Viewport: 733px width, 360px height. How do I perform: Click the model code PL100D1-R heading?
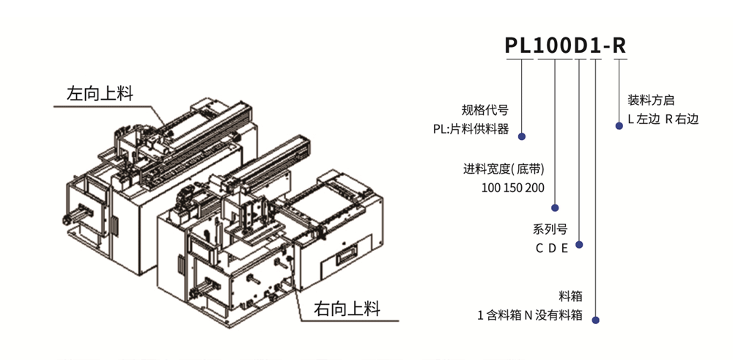(566, 45)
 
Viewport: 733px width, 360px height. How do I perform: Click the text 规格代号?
(485, 111)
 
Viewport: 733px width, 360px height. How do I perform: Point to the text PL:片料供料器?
(470, 130)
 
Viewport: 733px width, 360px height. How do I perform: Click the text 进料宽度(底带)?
(504, 169)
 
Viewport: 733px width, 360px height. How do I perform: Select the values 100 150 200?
(513, 188)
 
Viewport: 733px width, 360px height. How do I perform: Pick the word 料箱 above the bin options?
(570, 297)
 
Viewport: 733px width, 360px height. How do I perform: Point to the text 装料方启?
(651, 100)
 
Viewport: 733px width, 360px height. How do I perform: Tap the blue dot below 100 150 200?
(555, 207)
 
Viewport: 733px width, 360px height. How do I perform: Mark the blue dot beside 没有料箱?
(596, 320)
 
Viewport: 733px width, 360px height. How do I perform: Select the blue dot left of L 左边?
(617, 125)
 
